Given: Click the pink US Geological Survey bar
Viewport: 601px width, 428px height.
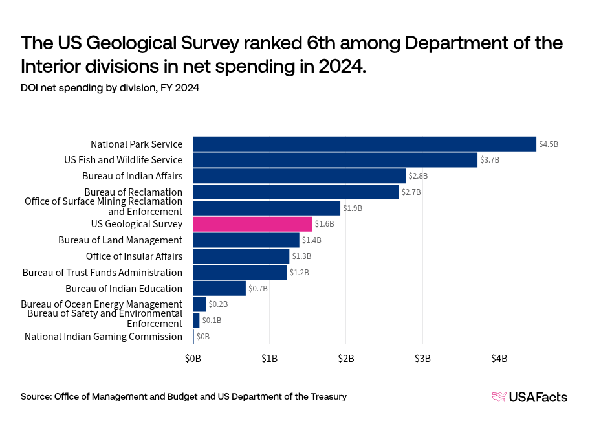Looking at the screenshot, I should (x=252, y=224).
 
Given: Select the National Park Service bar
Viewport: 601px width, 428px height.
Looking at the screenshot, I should (x=364, y=144).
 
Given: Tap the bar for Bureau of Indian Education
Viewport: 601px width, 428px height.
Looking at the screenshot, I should (x=219, y=288).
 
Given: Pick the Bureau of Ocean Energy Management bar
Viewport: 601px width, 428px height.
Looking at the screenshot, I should (x=199, y=304).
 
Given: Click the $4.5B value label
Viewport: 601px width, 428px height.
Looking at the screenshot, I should (x=549, y=144).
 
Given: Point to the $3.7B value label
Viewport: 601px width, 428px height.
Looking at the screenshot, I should (x=490, y=160).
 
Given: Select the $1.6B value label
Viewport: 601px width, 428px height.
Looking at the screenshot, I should (x=325, y=225).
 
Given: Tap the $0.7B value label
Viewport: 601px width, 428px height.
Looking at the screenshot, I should (x=258, y=289).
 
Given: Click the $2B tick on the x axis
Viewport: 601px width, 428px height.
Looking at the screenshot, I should (x=346, y=359).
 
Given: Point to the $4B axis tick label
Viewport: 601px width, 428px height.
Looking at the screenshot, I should (x=499, y=359).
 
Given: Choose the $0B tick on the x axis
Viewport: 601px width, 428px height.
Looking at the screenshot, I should (x=193, y=359).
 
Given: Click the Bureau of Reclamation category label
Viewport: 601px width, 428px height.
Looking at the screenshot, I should (x=133, y=192).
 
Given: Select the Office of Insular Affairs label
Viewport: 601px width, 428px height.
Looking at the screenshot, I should (x=134, y=256).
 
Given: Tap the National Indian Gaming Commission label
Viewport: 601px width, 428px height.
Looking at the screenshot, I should (x=104, y=337).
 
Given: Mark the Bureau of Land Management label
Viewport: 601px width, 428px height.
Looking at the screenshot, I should (x=120, y=240).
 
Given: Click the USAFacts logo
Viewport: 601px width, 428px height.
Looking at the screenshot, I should (x=529, y=397).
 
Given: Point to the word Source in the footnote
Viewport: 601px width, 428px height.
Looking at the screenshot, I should (x=36, y=396).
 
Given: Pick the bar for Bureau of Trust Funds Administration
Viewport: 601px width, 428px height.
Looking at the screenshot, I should (x=239, y=272).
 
